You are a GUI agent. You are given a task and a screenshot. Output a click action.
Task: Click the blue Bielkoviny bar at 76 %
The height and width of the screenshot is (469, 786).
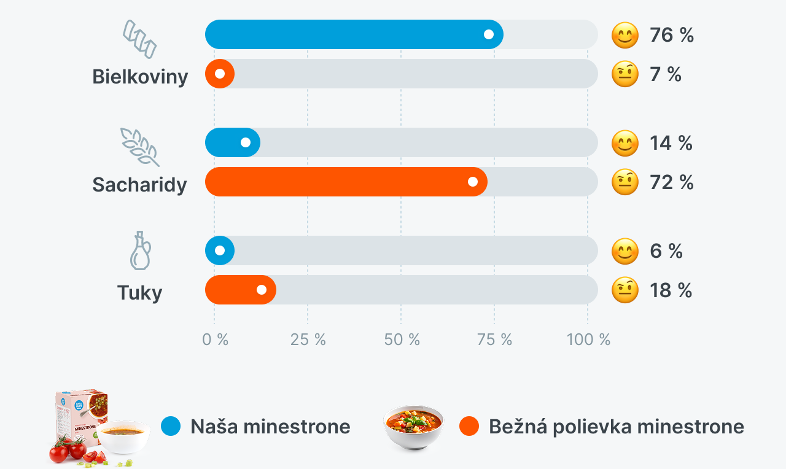(x=354, y=34)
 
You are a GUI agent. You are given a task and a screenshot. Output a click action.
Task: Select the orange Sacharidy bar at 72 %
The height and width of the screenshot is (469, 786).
(x=346, y=182)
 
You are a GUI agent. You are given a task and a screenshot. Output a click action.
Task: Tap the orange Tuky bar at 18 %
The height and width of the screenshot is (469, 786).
(x=241, y=290)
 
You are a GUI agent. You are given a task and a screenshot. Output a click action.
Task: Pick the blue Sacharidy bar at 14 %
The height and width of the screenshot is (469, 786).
(x=233, y=142)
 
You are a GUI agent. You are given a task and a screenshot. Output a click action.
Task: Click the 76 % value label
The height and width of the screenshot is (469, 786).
(x=672, y=35)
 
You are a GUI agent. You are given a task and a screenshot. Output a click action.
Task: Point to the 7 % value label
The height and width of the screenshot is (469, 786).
(x=666, y=74)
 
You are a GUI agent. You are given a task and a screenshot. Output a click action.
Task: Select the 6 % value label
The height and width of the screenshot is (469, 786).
(x=666, y=251)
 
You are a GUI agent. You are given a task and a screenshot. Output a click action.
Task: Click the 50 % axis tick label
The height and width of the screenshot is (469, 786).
(x=402, y=339)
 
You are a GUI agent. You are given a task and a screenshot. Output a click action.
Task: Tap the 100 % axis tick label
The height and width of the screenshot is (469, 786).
(x=588, y=339)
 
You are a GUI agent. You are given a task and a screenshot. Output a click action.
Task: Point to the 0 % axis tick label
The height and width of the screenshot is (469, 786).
(x=215, y=339)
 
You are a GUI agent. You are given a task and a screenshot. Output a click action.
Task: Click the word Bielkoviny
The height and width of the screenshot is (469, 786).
(x=140, y=77)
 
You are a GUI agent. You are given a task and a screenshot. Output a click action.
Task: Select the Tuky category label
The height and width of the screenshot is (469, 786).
(x=139, y=293)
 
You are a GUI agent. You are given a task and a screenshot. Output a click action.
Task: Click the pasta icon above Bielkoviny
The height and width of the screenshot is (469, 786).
(x=139, y=39)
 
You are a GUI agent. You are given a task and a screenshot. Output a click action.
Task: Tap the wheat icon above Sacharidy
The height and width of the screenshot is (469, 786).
(x=139, y=147)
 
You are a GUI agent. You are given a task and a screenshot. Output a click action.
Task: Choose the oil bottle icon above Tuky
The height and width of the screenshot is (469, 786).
(x=141, y=250)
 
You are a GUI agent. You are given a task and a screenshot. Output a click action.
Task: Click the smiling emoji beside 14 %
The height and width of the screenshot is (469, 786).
(x=625, y=143)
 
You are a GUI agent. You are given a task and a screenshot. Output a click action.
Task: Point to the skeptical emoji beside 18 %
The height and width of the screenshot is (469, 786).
(x=625, y=290)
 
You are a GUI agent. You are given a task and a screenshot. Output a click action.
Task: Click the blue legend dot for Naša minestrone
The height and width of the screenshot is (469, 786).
(x=171, y=426)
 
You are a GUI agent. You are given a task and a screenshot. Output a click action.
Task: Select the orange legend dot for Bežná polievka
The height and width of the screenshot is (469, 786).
(x=469, y=426)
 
